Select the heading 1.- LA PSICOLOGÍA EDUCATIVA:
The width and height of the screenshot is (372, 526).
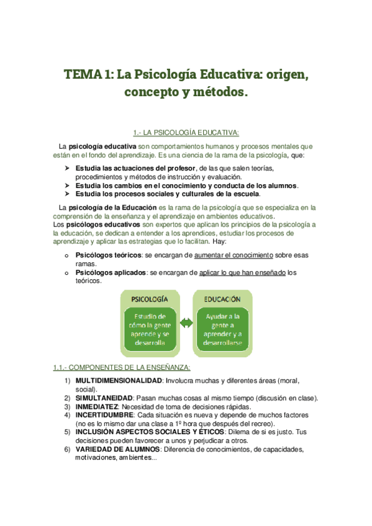pos(186,132)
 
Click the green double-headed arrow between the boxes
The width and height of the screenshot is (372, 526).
pos(186,323)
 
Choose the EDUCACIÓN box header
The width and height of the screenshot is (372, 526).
pos(223,299)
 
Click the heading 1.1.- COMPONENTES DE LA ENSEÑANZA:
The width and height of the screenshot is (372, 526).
pos(122,368)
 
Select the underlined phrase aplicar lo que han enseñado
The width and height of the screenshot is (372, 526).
pos(243,272)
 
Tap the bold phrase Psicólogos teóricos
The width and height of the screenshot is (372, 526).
pos(109,255)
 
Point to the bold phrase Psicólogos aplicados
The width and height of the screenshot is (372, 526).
pos(111,272)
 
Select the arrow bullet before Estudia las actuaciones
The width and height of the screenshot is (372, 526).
pos(67,169)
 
